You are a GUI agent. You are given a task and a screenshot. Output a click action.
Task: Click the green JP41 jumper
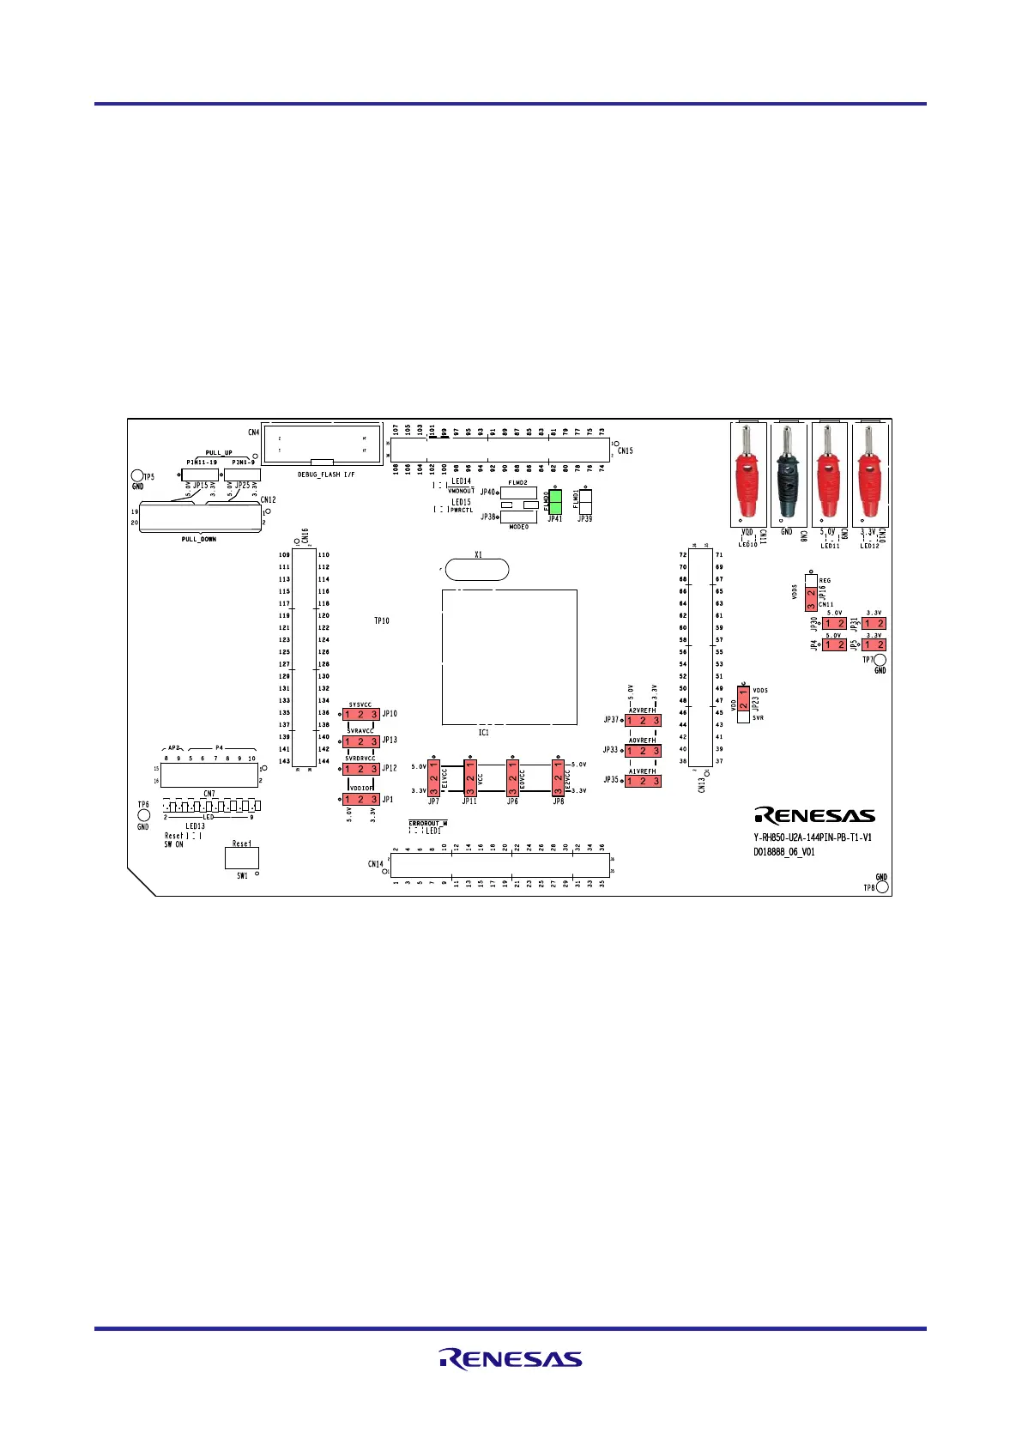(554, 502)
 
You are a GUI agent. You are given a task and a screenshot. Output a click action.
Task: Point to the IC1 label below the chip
(484, 733)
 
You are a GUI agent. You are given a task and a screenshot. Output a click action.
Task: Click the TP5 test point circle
(136, 476)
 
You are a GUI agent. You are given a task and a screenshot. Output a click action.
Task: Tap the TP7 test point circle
(880, 661)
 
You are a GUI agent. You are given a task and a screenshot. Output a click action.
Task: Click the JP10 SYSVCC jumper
(360, 714)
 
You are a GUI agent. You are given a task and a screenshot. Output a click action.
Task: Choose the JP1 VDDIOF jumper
(360, 800)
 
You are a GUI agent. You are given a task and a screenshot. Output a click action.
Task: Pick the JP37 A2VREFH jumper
(643, 721)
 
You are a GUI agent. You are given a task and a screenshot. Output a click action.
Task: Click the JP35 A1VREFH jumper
(643, 781)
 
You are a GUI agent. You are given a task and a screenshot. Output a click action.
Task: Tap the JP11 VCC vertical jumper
(470, 777)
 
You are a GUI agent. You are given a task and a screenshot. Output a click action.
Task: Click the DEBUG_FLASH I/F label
(326, 475)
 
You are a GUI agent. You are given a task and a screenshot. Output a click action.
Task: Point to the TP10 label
(382, 620)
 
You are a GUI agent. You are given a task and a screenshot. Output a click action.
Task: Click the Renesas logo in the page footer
(511, 1359)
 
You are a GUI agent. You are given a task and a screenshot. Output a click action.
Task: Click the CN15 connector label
(625, 450)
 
